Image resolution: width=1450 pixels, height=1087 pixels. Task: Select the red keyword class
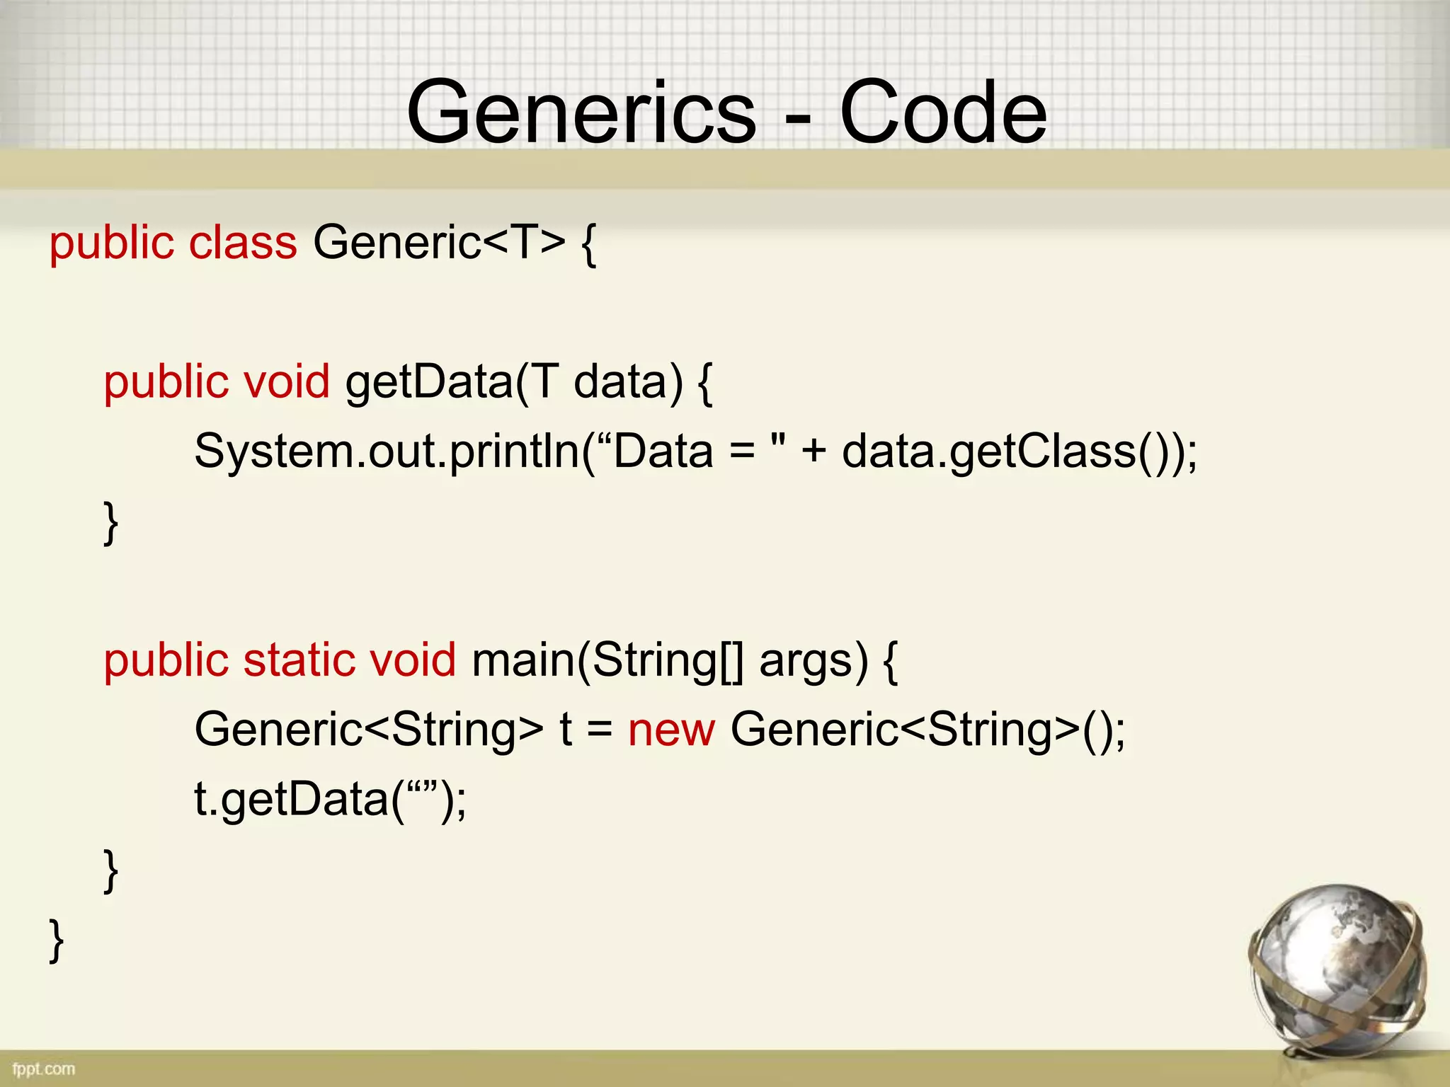click(243, 243)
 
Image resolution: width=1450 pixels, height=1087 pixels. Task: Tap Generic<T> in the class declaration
click(439, 243)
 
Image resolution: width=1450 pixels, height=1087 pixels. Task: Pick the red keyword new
click(671, 730)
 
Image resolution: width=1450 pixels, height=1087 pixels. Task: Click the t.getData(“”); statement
click(330, 800)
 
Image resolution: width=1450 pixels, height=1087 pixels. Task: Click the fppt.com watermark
click(44, 1069)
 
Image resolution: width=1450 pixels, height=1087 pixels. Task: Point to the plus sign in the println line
click(814, 452)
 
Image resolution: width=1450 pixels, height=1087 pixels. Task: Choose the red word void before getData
click(286, 382)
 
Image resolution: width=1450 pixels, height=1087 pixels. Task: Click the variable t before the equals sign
click(565, 730)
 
